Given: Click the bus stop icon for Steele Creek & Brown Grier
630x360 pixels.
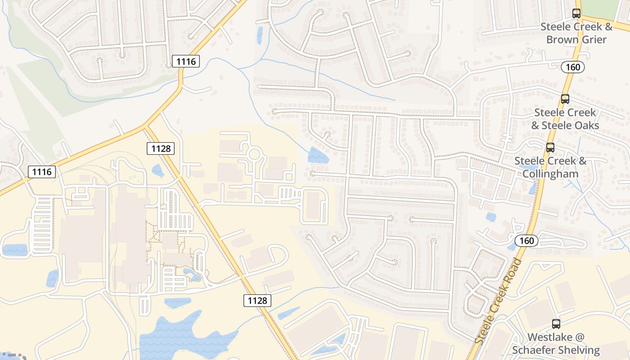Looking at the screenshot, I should coord(576,13).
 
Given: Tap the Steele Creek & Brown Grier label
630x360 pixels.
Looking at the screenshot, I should coord(576,33).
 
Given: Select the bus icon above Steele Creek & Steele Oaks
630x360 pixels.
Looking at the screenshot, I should coord(565,99).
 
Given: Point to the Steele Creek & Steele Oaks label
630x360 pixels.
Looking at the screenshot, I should coord(565,119).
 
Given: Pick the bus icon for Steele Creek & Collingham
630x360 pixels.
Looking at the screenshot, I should coord(550,148).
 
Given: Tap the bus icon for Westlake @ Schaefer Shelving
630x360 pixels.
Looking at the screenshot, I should coord(556,324).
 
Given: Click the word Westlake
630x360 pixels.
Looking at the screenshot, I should coord(549,337).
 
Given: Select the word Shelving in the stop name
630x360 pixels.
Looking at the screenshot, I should coord(578,350).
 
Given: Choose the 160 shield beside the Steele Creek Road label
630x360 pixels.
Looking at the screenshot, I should coord(526,241).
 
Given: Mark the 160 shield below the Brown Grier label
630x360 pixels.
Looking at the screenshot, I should coord(573,67).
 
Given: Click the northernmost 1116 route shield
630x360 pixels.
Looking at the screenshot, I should coord(186,61).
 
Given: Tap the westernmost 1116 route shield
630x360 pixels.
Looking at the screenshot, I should coord(42,171).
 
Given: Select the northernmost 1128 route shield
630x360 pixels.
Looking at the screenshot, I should coord(160,148).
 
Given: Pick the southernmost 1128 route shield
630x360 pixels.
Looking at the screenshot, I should coord(257,300).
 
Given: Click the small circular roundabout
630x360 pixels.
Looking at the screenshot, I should coord(254,154).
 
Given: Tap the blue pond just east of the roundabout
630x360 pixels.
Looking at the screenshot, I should coord(318,155).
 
